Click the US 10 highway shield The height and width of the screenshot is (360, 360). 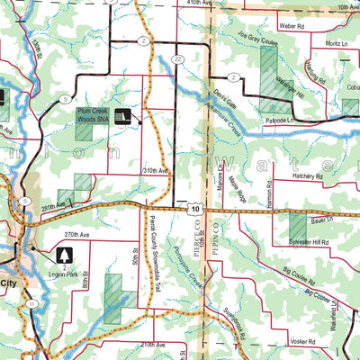pos(194,208)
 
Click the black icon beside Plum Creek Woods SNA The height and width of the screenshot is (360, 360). pos(124,117)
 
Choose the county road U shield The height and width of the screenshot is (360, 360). pos(30,303)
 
